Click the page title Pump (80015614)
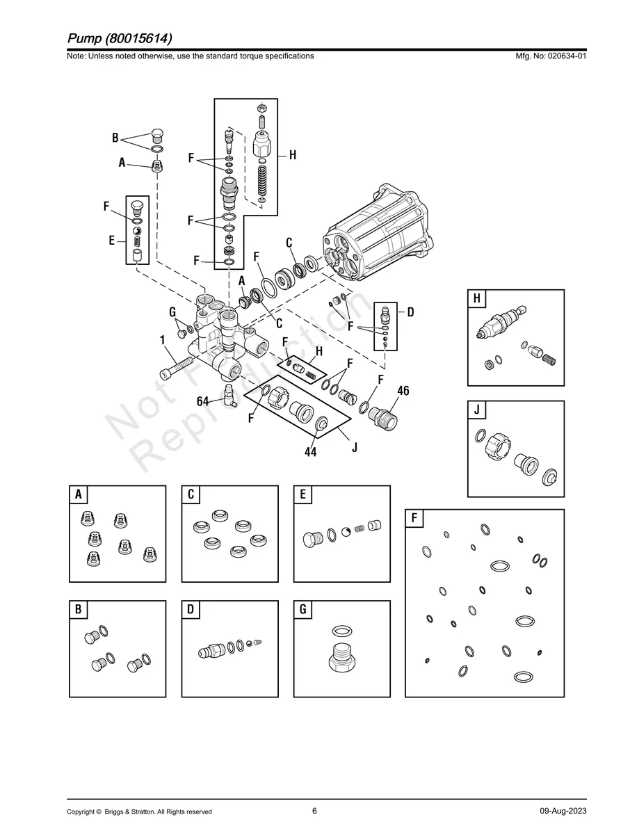[x=120, y=37]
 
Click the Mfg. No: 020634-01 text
[x=549, y=56]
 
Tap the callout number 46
[x=403, y=391]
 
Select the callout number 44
[x=310, y=451]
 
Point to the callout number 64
[x=203, y=401]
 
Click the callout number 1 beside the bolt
[x=162, y=341]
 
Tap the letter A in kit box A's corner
[x=79, y=494]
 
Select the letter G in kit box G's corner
[x=302, y=610]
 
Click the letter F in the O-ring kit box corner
[x=414, y=518]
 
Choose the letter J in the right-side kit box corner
[x=477, y=410]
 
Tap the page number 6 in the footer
[x=314, y=811]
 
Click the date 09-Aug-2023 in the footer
[x=563, y=811]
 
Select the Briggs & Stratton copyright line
[x=139, y=811]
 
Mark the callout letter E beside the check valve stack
[x=111, y=241]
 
